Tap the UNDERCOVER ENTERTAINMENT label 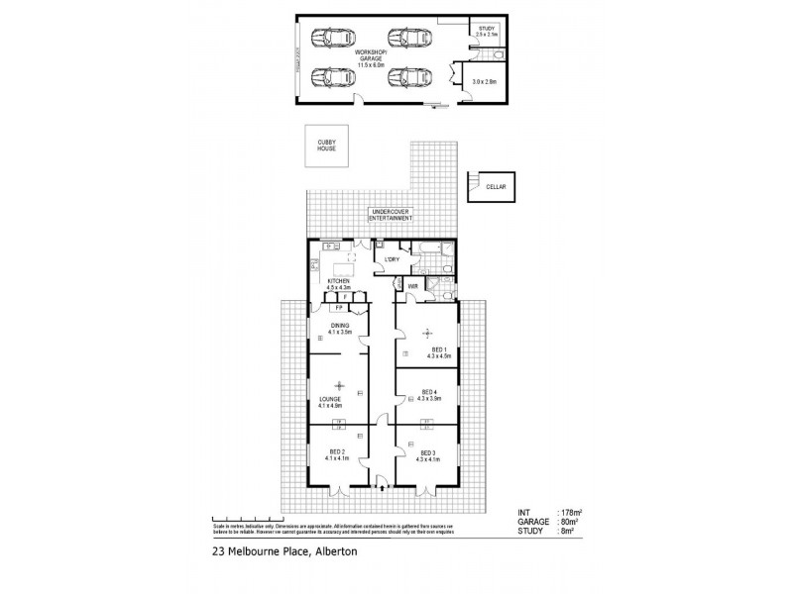(391, 215)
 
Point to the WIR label (413, 287)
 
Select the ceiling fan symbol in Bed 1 (427, 332)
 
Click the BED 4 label (427, 391)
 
